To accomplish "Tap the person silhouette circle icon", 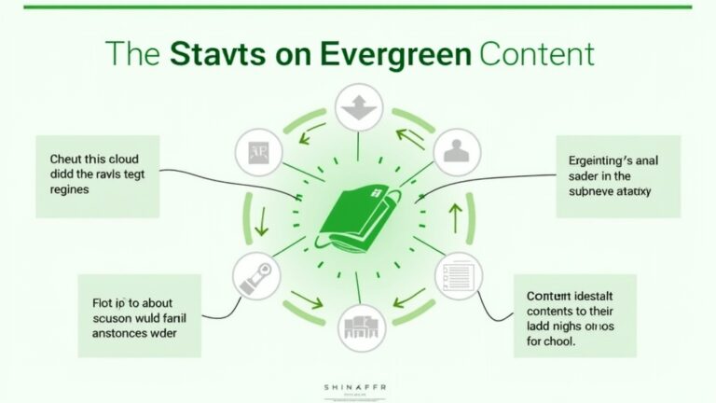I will [457, 150].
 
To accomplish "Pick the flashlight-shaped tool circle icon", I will [257, 276].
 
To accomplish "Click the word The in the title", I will [133, 52].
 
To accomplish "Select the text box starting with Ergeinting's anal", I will [618, 176].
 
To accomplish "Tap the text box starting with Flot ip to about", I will [139, 316].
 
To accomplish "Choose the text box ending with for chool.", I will [575, 315].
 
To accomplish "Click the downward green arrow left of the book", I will [263, 220].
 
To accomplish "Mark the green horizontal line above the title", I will [358, 7].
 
